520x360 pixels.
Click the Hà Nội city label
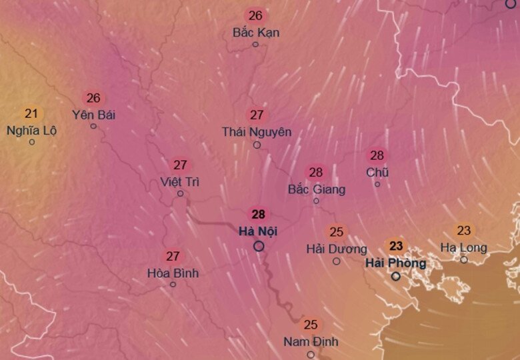(x=258, y=231)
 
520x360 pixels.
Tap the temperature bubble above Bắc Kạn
(x=255, y=15)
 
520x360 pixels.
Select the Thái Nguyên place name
(x=257, y=132)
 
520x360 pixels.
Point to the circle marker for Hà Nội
(x=259, y=246)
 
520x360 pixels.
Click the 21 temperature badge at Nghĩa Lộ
(x=31, y=113)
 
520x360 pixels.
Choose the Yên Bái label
(x=94, y=115)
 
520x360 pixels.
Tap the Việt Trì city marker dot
(x=180, y=194)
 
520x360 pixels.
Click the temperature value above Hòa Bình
(x=173, y=256)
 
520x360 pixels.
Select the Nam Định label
(x=311, y=342)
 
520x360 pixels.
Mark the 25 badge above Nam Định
(x=311, y=325)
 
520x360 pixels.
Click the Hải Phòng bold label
(x=395, y=263)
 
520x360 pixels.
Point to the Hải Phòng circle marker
(x=396, y=276)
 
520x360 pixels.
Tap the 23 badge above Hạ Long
(x=464, y=231)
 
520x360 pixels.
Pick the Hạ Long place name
(x=464, y=248)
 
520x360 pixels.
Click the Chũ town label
(x=377, y=173)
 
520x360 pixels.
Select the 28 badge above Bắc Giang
(x=316, y=173)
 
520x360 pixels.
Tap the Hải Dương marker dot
(x=337, y=261)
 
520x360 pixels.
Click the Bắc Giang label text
(x=317, y=189)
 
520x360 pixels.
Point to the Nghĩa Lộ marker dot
(x=31, y=142)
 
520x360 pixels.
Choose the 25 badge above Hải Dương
(x=337, y=232)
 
